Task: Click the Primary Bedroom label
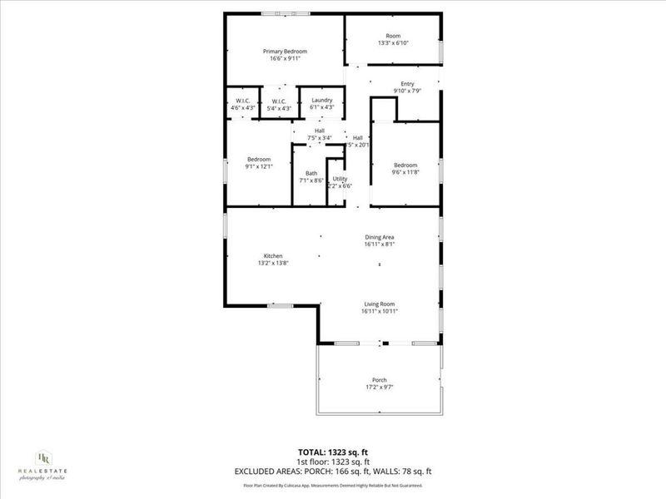pos(284,51)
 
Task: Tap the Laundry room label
pos(321,100)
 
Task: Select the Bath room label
pos(311,173)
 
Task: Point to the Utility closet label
pos(340,179)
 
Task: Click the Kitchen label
pos(273,255)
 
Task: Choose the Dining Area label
pos(379,237)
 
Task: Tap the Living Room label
pos(379,304)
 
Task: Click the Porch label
pos(380,380)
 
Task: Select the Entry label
pos(407,83)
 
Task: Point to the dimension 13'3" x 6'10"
pos(393,43)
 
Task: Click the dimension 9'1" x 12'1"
pos(259,166)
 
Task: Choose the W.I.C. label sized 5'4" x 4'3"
pos(279,101)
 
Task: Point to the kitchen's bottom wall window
pos(280,306)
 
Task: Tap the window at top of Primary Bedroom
pos(286,13)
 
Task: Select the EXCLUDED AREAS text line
pos(332,472)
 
